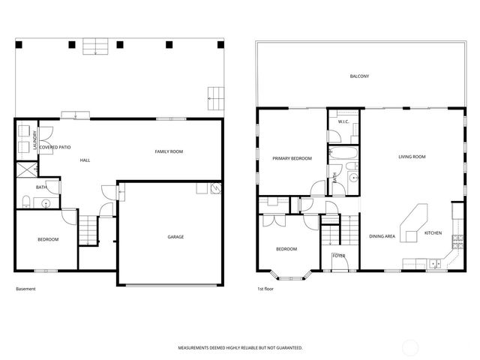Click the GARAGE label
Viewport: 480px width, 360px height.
point(175,237)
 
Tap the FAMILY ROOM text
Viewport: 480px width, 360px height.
point(169,151)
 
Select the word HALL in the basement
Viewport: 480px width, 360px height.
point(86,160)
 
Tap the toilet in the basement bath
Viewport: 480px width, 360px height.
point(26,200)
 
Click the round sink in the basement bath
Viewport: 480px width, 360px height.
point(45,202)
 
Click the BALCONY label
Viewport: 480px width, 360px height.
point(359,76)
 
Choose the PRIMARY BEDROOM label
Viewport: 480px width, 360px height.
point(292,158)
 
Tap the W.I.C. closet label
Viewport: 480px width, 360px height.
point(343,121)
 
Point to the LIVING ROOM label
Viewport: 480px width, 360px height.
point(412,157)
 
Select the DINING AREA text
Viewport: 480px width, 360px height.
point(382,236)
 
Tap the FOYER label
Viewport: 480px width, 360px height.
point(338,256)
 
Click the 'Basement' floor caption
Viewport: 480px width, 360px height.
point(25,289)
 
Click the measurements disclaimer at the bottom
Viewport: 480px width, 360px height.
point(240,349)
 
